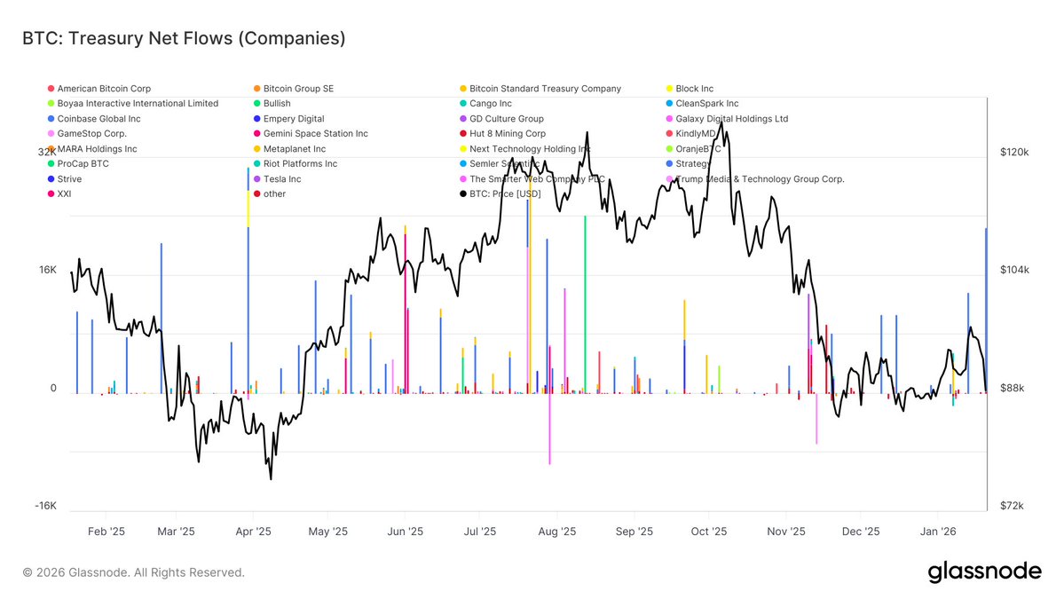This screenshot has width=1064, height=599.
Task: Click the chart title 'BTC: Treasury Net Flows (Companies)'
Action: (184, 38)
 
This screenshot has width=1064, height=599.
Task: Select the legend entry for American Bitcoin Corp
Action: (104, 89)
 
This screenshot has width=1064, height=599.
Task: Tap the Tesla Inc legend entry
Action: (282, 178)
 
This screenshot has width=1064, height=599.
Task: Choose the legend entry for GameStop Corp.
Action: (91, 133)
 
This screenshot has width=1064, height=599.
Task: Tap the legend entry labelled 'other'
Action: (274, 193)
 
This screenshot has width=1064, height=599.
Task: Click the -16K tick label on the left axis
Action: (45, 507)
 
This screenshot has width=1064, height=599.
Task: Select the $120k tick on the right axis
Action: (1014, 153)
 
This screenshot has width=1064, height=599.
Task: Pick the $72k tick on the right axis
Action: (1013, 507)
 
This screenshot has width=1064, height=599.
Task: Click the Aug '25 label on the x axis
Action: (558, 532)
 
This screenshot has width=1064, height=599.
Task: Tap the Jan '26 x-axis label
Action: (938, 532)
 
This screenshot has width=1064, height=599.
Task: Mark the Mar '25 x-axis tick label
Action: (177, 532)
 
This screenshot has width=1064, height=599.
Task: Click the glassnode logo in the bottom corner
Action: (984, 572)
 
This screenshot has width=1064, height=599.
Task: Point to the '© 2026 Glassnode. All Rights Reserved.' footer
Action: (133, 572)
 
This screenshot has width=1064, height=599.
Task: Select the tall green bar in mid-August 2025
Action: (585, 302)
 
